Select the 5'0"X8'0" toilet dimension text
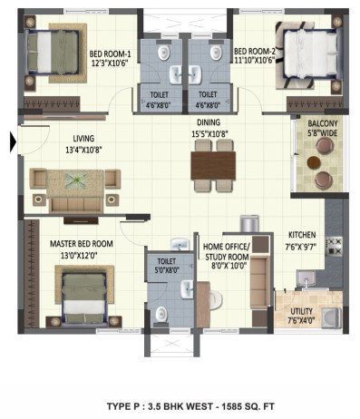tap(166, 269)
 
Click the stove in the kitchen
tap(334, 243)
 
